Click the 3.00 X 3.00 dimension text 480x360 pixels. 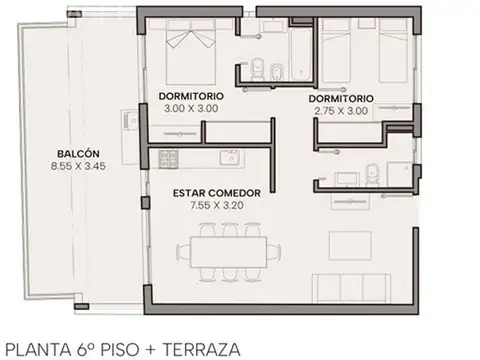tap(190, 108)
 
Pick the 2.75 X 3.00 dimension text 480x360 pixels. tap(340, 112)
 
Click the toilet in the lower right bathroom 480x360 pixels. tap(372, 171)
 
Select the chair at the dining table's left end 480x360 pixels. tap(181, 247)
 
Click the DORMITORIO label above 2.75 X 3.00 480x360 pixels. tap(340, 99)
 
